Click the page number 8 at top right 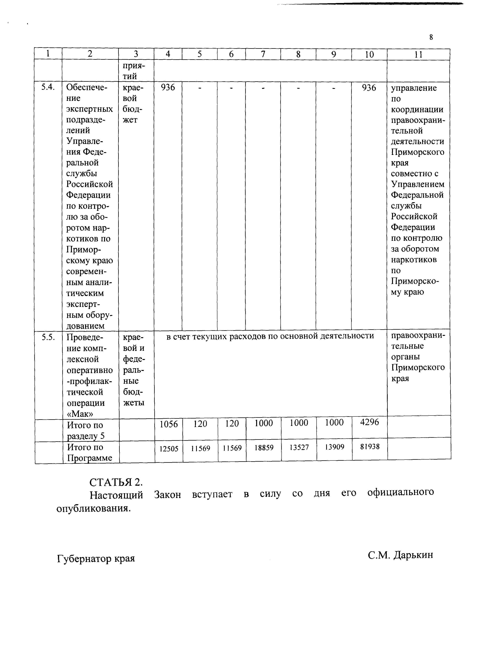(x=431, y=37)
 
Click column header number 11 (x=418, y=54)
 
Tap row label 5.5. (x=48, y=337)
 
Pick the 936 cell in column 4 (x=168, y=87)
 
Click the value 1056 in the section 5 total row (x=169, y=424)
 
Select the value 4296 (x=369, y=422)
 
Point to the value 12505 (x=169, y=449)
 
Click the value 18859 (x=264, y=448)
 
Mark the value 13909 (x=334, y=447)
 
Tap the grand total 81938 (x=370, y=446)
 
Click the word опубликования (x=94, y=508)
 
